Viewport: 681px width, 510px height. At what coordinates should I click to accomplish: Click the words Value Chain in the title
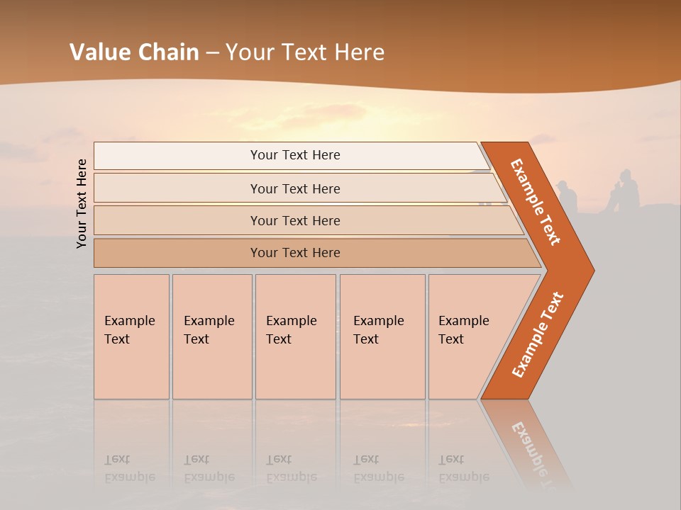(x=134, y=52)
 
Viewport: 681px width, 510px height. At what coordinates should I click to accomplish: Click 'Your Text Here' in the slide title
(x=305, y=52)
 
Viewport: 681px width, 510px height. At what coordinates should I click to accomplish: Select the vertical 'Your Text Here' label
(x=82, y=203)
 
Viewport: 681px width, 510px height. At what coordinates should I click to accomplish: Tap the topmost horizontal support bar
(x=294, y=155)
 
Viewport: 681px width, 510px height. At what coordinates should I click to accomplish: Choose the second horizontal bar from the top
(x=294, y=188)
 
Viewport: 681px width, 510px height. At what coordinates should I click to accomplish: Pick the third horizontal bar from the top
(x=294, y=220)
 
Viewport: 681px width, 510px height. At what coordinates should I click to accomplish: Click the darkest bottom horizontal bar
(x=294, y=253)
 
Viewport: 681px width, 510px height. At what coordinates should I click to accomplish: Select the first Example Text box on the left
(x=131, y=336)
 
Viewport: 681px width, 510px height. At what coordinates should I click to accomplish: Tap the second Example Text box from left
(x=211, y=336)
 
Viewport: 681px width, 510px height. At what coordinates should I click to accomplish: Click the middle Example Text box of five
(x=295, y=336)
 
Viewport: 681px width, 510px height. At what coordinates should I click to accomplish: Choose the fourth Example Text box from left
(x=382, y=336)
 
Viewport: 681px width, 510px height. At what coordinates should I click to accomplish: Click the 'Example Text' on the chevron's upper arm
(x=536, y=202)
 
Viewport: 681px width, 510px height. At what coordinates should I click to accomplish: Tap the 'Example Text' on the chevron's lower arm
(x=538, y=334)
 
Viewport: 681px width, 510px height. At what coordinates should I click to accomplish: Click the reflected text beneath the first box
(x=129, y=468)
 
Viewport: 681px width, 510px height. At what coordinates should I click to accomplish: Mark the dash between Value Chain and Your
(x=212, y=53)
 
